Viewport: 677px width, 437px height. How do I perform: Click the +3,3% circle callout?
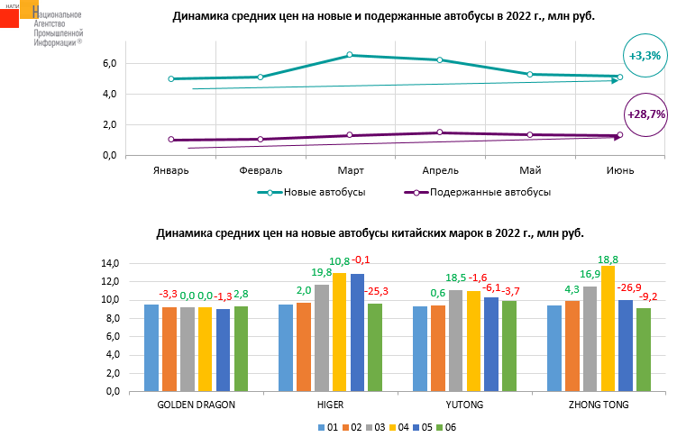pyautogui.click(x=645, y=55)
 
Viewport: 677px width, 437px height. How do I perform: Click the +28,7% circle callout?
pyautogui.click(x=645, y=114)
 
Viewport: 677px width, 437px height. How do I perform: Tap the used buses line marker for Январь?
pyautogui.click(x=170, y=140)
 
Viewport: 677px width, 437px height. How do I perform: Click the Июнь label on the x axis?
pyautogui.click(x=619, y=170)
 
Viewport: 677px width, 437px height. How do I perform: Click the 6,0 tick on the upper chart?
pyautogui.click(x=110, y=63)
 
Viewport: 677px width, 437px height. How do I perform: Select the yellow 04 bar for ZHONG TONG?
pyautogui.click(x=608, y=329)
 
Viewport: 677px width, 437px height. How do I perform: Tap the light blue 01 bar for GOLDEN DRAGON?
pyautogui.click(x=152, y=348)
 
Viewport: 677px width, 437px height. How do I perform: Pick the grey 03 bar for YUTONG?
pyautogui.click(x=456, y=341)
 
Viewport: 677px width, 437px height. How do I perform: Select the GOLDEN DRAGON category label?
pyautogui.click(x=197, y=405)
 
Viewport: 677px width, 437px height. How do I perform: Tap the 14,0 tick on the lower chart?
pyautogui.click(x=110, y=263)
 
